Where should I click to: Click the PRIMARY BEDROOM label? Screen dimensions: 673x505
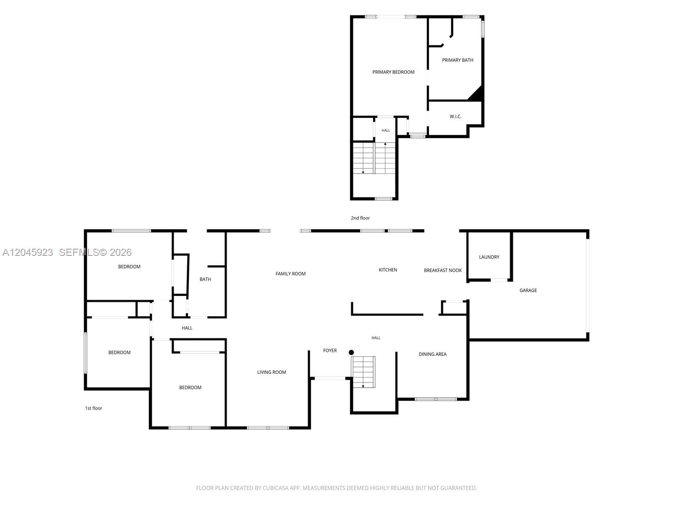(x=393, y=72)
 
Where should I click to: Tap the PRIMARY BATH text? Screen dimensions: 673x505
(x=457, y=60)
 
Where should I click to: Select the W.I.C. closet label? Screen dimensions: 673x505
(x=455, y=117)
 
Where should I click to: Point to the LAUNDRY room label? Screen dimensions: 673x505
(x=489, y=257)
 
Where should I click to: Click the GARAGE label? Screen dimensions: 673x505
(x=527, y=290)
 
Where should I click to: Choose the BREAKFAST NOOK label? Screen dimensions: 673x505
(x=442, y=270)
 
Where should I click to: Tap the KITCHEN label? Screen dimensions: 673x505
(x=387, y=270)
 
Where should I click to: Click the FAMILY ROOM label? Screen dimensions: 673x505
(x=290, y=274)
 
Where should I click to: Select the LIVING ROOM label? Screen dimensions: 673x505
(x=271, y=372)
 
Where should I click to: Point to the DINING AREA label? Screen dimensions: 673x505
(x=432, y=354)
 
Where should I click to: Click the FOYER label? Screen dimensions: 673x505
(x=330, y=351)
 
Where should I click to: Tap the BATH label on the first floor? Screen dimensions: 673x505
(x=205, y=279)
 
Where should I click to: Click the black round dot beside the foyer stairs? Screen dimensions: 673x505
(x=351, y=353)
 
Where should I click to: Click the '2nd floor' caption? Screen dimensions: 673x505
(x=360, y=218)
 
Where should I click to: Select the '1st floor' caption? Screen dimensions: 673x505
(x=93, y=408)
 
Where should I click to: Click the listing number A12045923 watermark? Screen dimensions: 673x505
(x=28, y=252)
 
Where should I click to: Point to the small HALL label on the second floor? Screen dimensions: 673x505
(x=386, y=130)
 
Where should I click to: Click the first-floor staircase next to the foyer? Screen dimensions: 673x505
(x=363, y=372)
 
